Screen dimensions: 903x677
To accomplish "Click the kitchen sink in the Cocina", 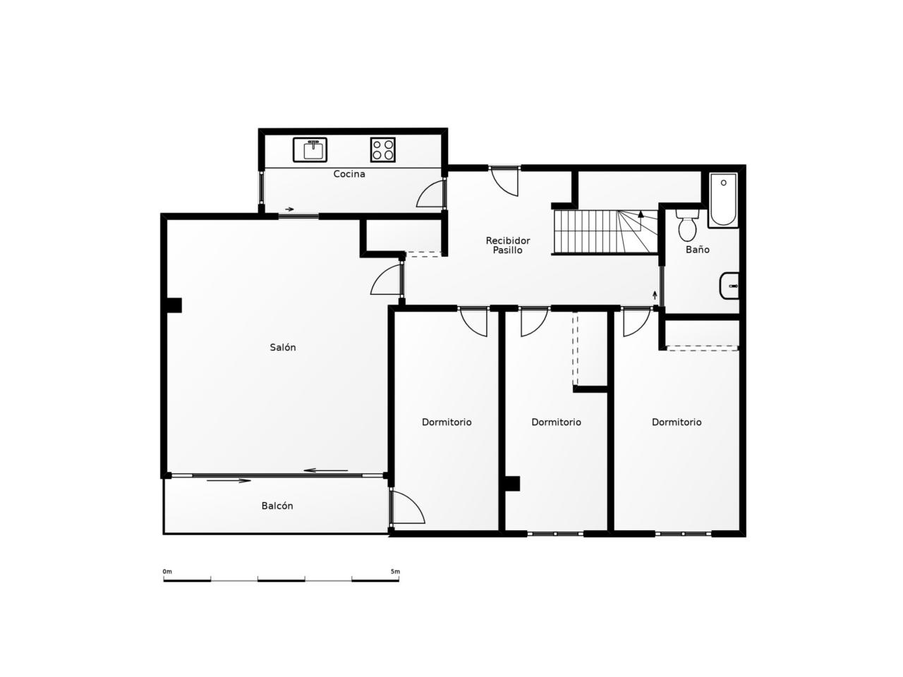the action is click(x=310, y=150).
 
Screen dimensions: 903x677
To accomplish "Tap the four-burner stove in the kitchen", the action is click(x=382, y=150).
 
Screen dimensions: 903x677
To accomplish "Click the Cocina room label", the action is click(x=349, y=174).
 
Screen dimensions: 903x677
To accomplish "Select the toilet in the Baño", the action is click(x=686, y=225).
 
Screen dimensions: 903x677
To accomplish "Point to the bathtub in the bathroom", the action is click(x=723, y=200).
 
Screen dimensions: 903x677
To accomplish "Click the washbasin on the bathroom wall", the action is click(x=729, y=286).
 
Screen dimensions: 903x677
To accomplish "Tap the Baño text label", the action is click(x=697, y=249).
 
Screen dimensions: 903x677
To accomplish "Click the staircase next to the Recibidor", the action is click(x=605, y=231).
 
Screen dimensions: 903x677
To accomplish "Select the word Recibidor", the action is click(x=508, y=240).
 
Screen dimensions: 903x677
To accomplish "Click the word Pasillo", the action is click(x=508, y=250).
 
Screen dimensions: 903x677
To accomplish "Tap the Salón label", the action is click(x=283, y=348).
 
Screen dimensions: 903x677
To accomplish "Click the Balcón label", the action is click(x=277, y=506).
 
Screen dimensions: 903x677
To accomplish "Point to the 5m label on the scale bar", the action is click(x=395, y=571).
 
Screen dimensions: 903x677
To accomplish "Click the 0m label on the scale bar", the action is click(x=167, y=571).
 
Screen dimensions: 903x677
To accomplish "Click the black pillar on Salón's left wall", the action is click(x=174, y=305).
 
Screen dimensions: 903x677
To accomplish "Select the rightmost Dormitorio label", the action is click(x=677, y=422).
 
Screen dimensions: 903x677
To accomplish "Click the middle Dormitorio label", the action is click(x=556, y=422).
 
